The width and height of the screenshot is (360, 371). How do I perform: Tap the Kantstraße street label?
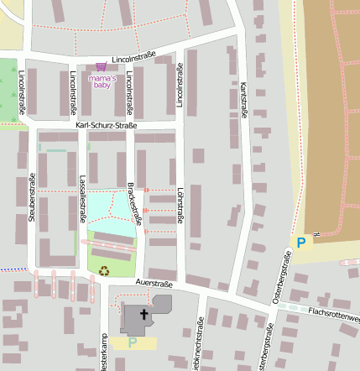pyautogui.click(x=243, y=99)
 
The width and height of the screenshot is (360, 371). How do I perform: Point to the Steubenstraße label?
pyautogui.click(x=31, y=196)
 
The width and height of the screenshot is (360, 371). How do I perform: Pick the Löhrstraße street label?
pyautogui.click(x=180, y=207)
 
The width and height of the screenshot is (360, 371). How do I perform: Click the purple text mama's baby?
pyautogui.click(x=102, y=81)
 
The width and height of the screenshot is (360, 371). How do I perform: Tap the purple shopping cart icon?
pyautogui.click(x=102, y=66)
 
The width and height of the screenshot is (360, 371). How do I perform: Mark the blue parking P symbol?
pyautogui.click(x=300, y=243)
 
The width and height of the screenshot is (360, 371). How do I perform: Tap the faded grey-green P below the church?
pyautogui.click(x=132, y=342)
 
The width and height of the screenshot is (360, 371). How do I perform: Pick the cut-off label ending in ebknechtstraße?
pyautogui.click(x=199, y=344)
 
